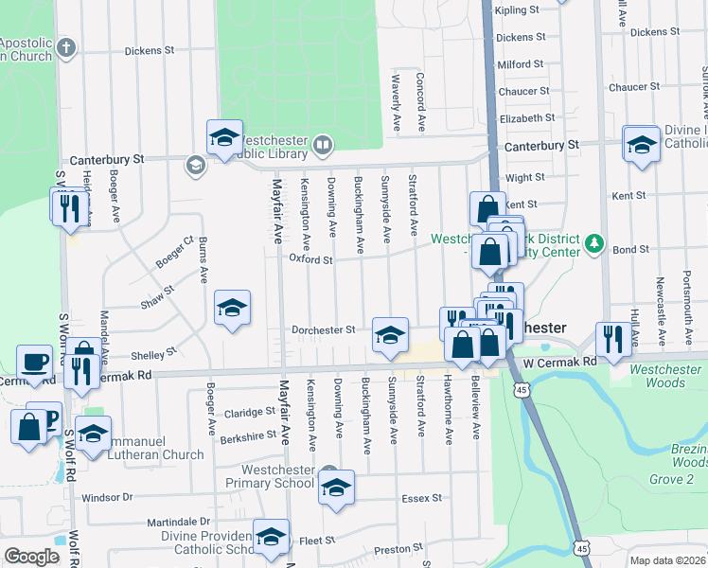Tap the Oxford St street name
coord(311,258)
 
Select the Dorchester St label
coord(324,330)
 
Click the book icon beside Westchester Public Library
coord(322,145)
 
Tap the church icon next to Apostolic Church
coord(65,46)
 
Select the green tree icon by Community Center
coord(593,243)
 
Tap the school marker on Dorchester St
coord(389,333)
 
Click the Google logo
coord(31,557)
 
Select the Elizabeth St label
coord(527,118)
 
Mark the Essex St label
coord(423,497)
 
